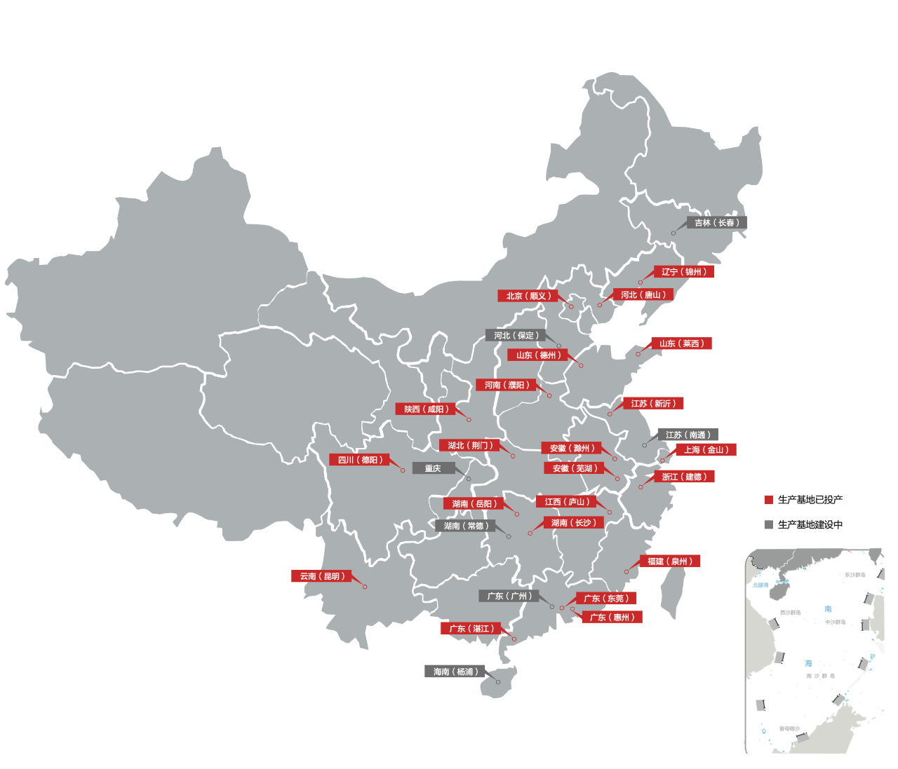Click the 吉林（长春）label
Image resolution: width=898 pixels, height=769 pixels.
716,223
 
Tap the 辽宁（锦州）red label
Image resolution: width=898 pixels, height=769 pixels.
684,272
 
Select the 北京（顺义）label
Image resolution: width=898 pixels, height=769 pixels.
528,296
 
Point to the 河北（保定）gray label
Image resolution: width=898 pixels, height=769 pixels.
516,336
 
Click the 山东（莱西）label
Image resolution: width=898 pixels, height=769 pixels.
681,343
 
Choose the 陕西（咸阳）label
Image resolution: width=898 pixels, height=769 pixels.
426,409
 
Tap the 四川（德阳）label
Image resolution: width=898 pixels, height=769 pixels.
359,460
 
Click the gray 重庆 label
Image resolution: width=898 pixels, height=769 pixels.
433,468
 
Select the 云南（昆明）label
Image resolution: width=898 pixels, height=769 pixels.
321,576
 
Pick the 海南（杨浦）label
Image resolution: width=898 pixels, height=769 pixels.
455,672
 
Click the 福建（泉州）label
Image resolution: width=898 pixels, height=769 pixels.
670,562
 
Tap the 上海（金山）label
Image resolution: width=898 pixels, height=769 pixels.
706,450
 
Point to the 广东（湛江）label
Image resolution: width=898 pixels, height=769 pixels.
470,629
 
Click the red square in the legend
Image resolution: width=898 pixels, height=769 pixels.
768,500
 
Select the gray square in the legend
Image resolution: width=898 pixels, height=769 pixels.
768,524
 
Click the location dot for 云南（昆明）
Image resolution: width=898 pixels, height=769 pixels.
365,587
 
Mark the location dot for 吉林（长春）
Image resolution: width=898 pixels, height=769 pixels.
673,233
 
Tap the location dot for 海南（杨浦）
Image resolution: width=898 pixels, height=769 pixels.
498,682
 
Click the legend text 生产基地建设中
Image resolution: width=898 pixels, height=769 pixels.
810,524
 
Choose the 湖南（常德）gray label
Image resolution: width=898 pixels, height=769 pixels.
465,526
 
